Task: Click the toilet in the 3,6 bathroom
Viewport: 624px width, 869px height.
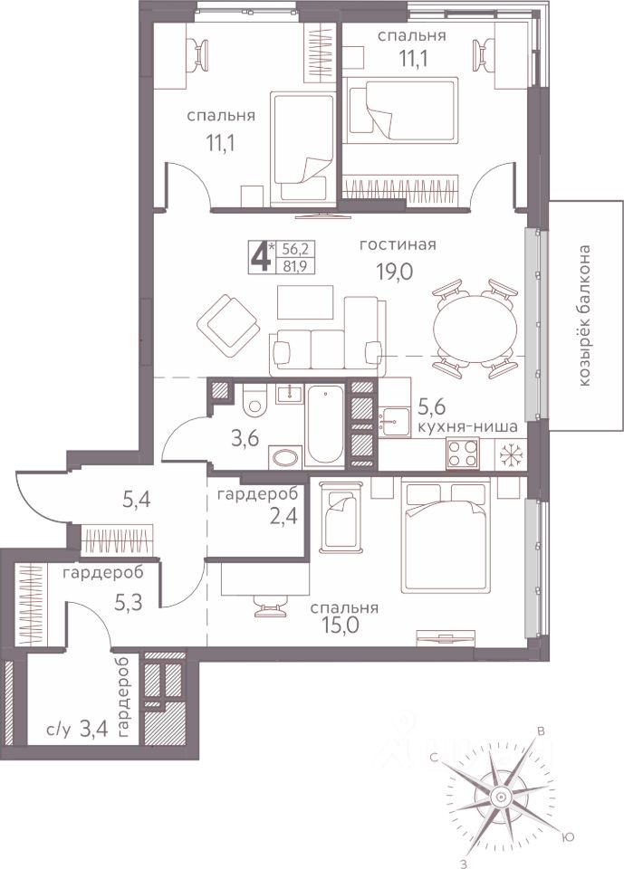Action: pyautogui.click(x=254, y=398)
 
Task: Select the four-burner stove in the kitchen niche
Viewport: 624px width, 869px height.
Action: pyautogui.click(x=463, y=453)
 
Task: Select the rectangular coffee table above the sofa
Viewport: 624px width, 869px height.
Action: pyautogui.click(x=305, y=302)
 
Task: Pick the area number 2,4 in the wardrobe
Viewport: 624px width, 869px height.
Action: pyautogui.click(x=284, y=516)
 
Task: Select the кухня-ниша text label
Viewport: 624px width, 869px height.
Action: pyautogui.click(x=468, y=426)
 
